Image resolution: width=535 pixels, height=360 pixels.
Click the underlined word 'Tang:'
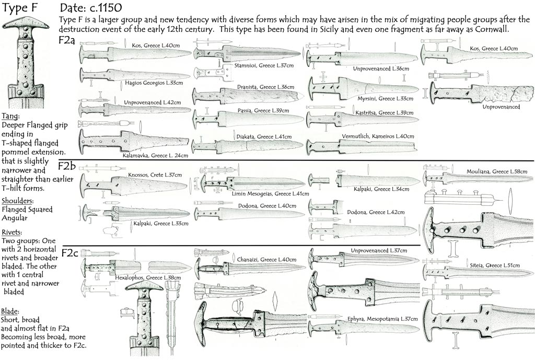[11, 116]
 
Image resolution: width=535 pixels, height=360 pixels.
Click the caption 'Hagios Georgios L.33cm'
[150, 83]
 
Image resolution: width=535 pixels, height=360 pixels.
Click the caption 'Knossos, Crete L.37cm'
[155, 175]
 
